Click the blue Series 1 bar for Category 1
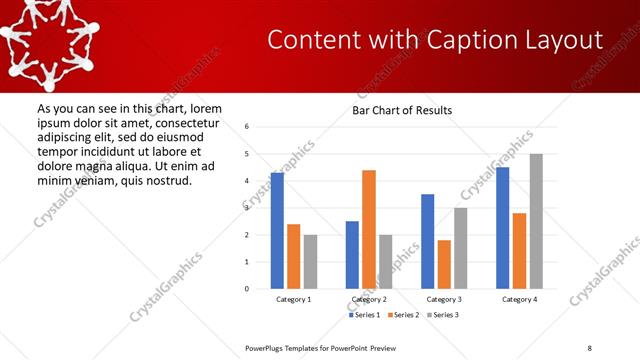click(x=277, y=231)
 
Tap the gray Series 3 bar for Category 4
click(x=536, y=221)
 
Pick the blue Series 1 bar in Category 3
click(x=427, y=241)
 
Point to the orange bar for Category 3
click(x=444, y=264)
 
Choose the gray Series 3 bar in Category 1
click(x=310, y=262)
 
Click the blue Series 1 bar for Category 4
click(x=503, y=228)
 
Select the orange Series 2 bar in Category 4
click(x=520, y=251)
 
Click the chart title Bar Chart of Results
click(x=402, y=110)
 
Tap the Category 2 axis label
click(x=369, y=299)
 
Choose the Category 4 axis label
click(x=520, y=299)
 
